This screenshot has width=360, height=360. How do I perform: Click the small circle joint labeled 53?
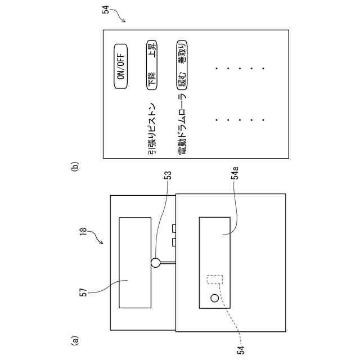pyautogui.click(x=155, y=262)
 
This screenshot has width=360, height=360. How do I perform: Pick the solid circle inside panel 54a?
pyautogui.click(x=214, y=298)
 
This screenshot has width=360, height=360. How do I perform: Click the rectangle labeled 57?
pyautogui.click(x=135, y=262)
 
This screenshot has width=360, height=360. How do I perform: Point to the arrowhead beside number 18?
pyautogui.click(x=102, y=242)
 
